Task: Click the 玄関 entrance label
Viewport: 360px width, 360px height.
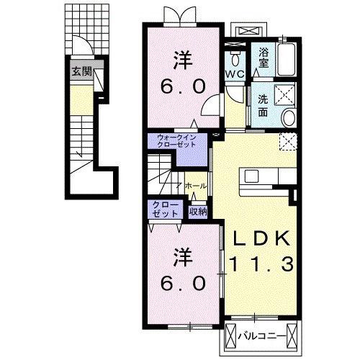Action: [x=82, y=71]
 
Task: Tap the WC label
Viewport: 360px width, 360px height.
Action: [x=235, y=74]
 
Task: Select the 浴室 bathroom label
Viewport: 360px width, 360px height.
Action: [x=264, y=58]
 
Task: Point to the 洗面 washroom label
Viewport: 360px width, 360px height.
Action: [x=264, y=106]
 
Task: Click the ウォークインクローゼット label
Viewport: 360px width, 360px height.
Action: [x=176, y=141]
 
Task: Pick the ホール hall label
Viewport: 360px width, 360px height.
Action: [x=196, y=186]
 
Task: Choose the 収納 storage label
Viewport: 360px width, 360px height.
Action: [x=198, y=212]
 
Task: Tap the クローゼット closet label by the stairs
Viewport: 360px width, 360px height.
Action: [x=166, y=209]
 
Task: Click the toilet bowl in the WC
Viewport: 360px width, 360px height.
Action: [x=235, y=58]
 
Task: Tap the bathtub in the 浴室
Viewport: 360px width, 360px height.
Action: [x=286, y=60]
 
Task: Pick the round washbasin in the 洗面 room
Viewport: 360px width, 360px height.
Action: [x=289, y=117]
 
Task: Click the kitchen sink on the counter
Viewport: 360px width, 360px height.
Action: [x=251, y=176]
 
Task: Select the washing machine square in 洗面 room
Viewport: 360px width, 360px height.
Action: [x=284, y=94]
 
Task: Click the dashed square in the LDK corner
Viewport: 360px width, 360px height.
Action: [x=289, y=141]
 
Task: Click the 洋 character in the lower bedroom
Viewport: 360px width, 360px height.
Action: [x=183, y=258]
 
